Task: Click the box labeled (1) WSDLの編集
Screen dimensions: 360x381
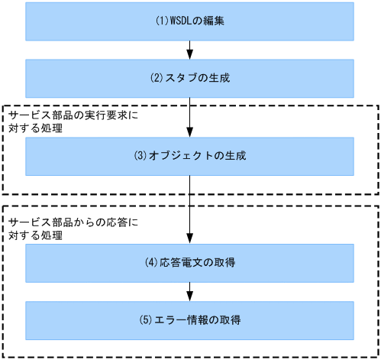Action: coord(190,21)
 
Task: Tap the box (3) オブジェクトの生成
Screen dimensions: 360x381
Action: coord(190,155)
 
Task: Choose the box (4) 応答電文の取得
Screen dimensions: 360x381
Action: coord(190,263)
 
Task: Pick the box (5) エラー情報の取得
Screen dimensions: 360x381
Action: coord(190,319)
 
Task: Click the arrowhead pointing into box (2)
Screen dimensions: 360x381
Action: coord(190,55)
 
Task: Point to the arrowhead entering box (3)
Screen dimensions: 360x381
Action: coord(190,133)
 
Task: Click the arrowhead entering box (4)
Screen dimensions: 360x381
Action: coord(190,240)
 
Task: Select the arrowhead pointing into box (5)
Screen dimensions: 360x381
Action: coord(190,297)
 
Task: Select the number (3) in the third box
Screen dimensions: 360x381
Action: coord(140,155)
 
